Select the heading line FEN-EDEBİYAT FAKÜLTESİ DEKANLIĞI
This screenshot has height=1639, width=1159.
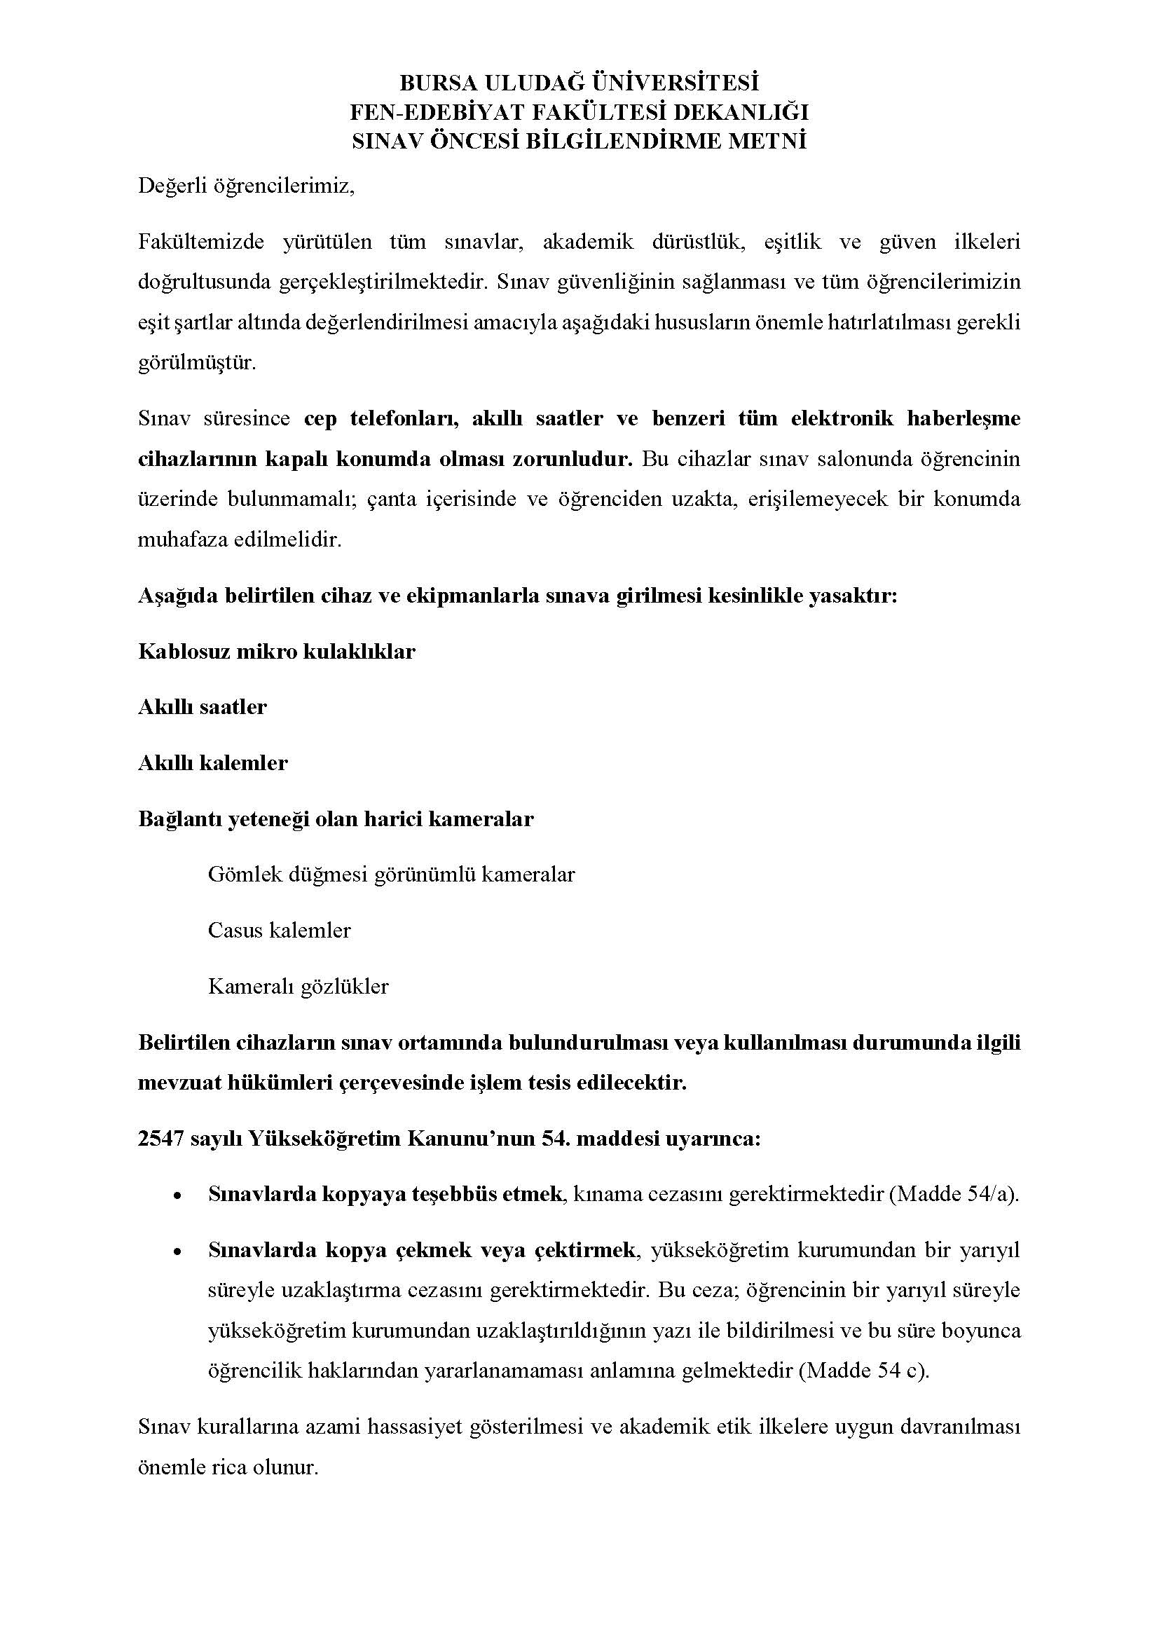(x=579, y=112)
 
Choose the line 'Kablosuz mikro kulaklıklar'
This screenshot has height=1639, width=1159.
(x=276, y=652)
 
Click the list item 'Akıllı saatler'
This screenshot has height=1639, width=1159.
(x=202, y=708)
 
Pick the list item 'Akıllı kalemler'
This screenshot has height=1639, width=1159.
(x=213, y=763)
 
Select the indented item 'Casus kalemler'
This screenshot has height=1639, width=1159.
(x=279, y=931)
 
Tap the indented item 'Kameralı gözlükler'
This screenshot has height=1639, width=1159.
(x=299, y=987)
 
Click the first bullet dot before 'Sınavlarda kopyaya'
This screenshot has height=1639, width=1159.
(x=177, y=1195)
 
